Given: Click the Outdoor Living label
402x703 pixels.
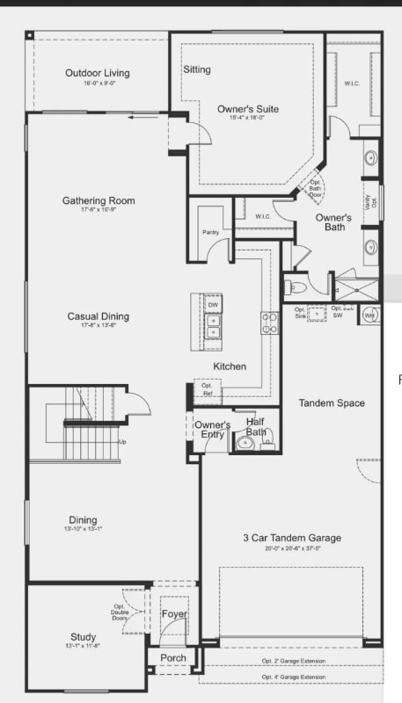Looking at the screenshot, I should [97, 72].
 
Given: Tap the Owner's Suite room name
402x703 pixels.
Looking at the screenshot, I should [248, 109].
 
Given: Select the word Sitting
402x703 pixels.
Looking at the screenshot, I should [197, 69].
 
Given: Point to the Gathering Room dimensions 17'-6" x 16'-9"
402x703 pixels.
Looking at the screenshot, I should [97, 210].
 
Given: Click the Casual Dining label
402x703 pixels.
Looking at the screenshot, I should [98, 316].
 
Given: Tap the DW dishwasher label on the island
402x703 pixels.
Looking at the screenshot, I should [213, 305].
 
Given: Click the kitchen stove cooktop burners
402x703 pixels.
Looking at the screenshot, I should [269, 323].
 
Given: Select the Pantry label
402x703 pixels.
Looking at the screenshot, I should [210, 232].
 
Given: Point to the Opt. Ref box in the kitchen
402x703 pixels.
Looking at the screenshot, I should [207, 389].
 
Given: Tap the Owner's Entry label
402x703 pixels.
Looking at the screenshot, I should [212, 430].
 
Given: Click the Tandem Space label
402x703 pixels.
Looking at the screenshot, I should [332, 403].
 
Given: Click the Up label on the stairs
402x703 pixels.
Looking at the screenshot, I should [122, 442].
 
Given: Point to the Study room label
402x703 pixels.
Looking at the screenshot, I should [84, 637].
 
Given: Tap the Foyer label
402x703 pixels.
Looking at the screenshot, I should [174, 614].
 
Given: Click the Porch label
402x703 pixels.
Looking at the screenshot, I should [173, 657].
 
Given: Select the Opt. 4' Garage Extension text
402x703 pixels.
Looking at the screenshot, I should [293, 678].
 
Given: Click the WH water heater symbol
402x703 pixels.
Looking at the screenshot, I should [369, 314].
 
